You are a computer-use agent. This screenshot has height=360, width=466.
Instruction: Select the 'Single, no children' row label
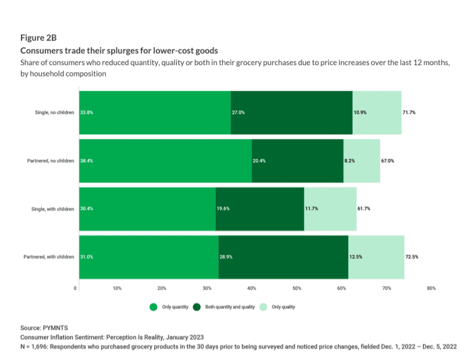[55, 112]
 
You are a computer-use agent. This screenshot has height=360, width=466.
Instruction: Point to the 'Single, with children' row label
[54, 209]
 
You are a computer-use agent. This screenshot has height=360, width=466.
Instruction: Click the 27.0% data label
[238, 112]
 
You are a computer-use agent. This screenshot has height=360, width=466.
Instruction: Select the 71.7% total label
[409, 112]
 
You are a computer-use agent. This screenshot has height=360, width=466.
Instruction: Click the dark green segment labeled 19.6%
[260, 209]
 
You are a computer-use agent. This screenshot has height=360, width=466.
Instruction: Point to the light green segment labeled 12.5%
[376, 257]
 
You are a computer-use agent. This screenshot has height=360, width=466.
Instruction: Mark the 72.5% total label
[412, 257]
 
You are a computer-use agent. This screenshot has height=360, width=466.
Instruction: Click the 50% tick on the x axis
[296, 288]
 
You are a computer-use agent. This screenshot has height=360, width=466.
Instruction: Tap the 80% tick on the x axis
[431, 288]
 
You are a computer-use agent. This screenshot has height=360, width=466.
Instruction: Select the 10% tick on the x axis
[117, 288]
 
